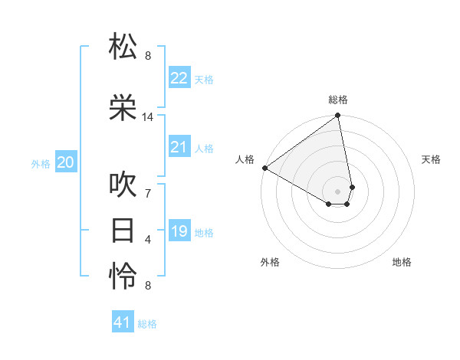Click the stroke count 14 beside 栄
tap(148, 117)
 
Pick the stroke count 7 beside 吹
tap(148, 193)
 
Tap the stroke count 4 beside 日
tap(148, 240)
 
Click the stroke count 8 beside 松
tap(148, 55)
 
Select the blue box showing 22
tap(179, 78)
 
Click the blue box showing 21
tap(179, 147)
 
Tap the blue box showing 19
tap(179, 231)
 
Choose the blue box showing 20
tap(66, 162)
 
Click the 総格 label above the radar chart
tap(338, 100)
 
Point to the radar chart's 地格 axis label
tap(402, 262)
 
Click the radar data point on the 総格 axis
tap(338, 116)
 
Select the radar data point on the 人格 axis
tap(264, 167)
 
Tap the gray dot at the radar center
tap(338, 191)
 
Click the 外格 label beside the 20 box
tap(40, 163)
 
